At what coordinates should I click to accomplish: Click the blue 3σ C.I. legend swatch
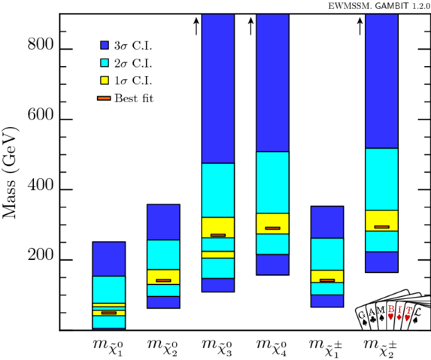point(105,45)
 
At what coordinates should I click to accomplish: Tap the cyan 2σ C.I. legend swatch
point(105,63)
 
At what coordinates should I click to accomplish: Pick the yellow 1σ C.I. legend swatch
point(105,81)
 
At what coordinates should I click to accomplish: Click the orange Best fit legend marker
point(104,98)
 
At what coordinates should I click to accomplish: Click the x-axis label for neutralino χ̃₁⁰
point(109,346)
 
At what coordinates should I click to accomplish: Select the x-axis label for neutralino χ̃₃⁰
point(218,346)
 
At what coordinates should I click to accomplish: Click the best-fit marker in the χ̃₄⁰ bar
point(272,228)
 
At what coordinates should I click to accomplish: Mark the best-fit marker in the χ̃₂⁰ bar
point(163,281)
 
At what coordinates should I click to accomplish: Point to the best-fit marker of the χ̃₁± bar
point(327,281)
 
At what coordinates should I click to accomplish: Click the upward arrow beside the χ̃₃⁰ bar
point(196,26)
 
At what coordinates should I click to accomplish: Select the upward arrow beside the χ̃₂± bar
point(360,26)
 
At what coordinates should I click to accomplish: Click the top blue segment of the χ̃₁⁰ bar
point(109,259)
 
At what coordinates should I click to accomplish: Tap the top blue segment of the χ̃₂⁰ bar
point(163,222)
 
